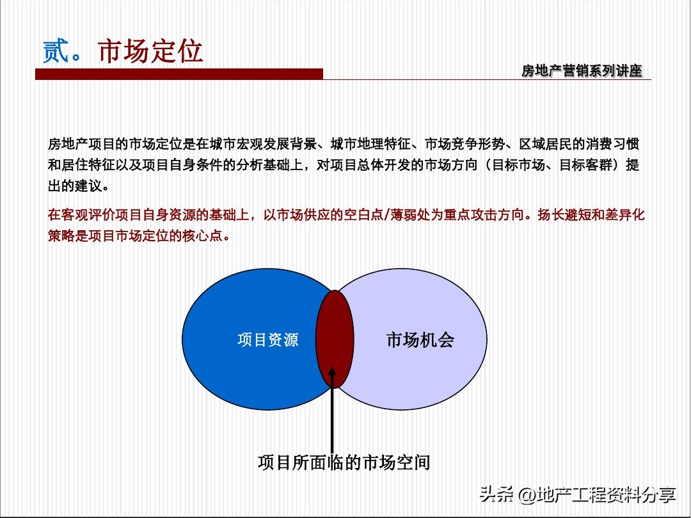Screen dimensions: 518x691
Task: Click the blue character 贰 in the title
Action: (x=56, y=51)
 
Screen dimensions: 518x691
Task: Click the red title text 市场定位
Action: (x=150, y=51)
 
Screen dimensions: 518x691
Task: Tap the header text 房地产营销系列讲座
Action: (x=581, y=71)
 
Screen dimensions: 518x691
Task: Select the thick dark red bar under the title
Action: (x=179, y=75)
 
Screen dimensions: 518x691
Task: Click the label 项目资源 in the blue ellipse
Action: (x=267, y=340)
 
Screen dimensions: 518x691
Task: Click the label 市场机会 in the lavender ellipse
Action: (x=420, y=340)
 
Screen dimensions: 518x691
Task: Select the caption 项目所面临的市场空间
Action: (x=344, y=462)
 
